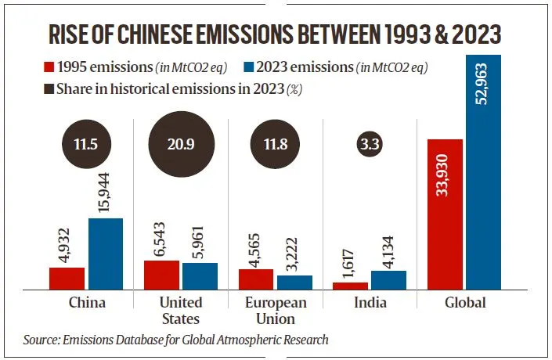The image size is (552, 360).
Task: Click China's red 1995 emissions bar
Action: point(67,278)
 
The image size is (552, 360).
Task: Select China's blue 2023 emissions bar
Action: point(105,254)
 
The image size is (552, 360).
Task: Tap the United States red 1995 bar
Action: point(161,275)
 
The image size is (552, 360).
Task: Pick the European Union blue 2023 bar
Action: point(294,282)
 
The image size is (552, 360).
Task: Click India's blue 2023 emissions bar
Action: point(388,279)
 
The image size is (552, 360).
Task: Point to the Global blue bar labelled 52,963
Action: point(483,172)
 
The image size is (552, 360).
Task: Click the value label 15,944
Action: point(105,191)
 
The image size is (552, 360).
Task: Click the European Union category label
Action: point(275,311)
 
